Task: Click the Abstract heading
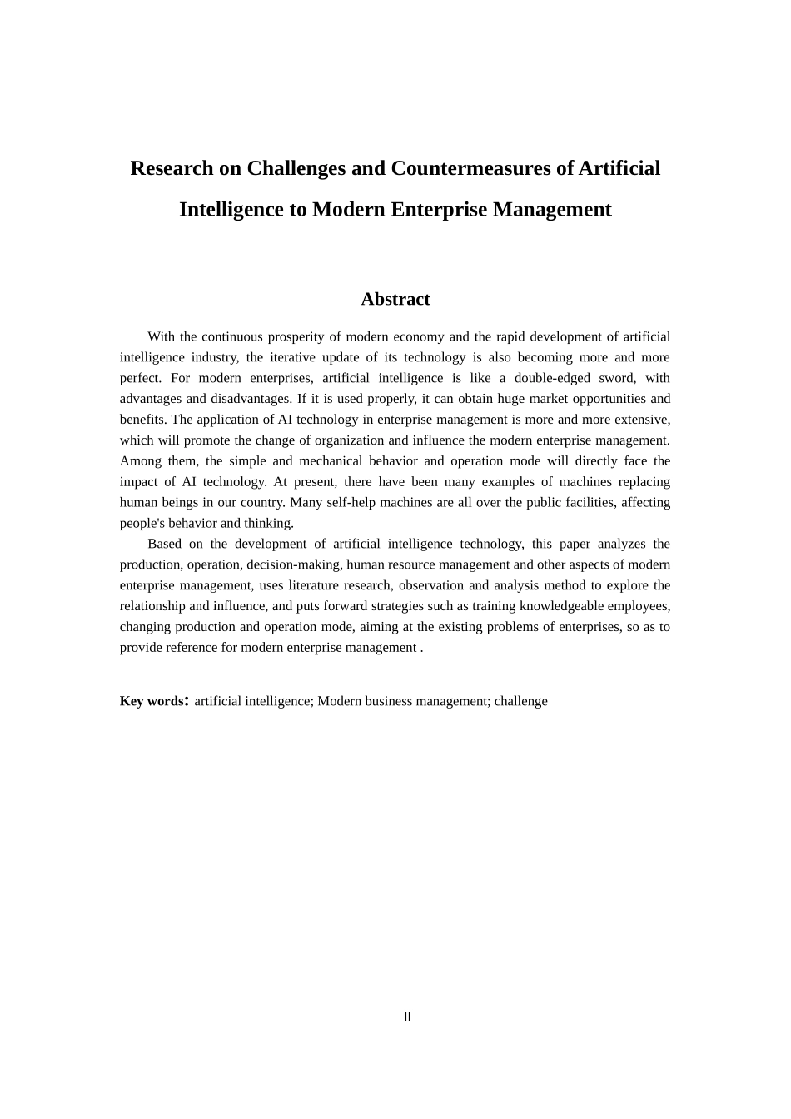click(x=395, y=299)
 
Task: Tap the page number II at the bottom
click(x=407, y=1017)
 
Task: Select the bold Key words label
click(x=152, y=701)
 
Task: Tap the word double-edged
click(x=550, y=378)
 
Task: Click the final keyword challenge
click(x=520, y=701)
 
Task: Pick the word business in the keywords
click(x=395, y=701)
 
